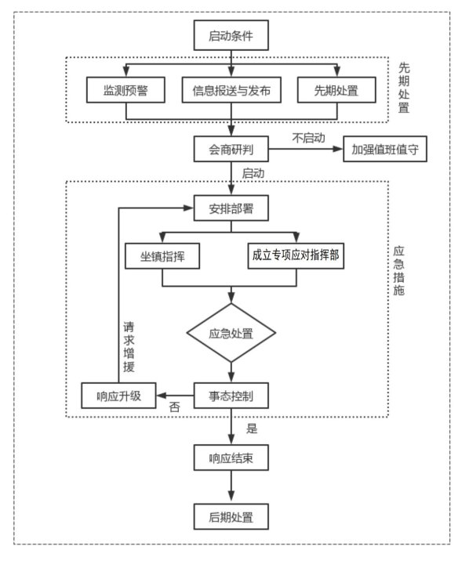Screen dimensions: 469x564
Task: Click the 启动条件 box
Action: [x=231, y=35]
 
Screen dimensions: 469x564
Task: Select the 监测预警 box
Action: [x=125, y=90]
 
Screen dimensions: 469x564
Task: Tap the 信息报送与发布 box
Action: [x=231, y=90]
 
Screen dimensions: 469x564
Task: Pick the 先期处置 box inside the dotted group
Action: [x=336, y=90]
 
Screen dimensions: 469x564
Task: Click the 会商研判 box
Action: [x=231, y=149]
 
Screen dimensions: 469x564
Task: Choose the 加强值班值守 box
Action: [x=385, y=149]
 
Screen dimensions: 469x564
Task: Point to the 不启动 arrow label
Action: [x=309, y=138]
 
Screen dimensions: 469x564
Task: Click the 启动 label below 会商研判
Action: [x=253, y=173]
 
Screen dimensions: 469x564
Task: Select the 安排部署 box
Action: [x=231, y=208]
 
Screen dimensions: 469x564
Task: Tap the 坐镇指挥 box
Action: [x=162, y=256]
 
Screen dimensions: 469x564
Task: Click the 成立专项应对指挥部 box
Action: [x=296, y=255]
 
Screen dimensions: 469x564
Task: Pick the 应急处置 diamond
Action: [x=231, y=333]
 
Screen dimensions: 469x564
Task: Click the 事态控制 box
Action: [x=231, y=396]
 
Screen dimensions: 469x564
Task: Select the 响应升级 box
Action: [x=118, y=396]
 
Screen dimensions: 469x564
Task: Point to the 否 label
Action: [x=174, y=407]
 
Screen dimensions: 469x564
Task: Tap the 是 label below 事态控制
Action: [x=252, y=428]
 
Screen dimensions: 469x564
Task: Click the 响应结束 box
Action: [x=231, y=458]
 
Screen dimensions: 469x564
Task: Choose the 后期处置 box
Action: [x=231, y=517]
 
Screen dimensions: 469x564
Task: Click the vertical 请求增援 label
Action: [x=129, y=347]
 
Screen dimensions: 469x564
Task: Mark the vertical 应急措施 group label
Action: [x=398, y=270]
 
